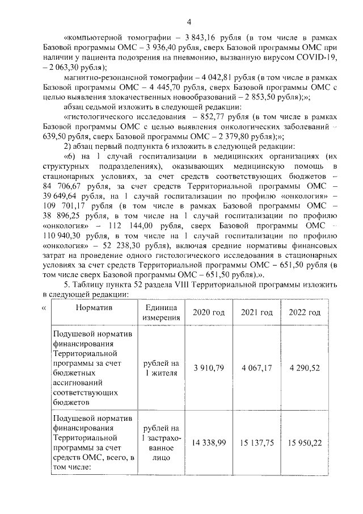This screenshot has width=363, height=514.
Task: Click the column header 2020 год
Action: pos(209,312)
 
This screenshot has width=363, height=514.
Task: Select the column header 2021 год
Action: pos(257,312)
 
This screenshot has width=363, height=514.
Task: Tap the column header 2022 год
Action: pos(305,312)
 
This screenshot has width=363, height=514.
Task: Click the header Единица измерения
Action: pos(161,312)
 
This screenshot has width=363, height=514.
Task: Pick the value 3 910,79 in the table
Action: pos(209,368)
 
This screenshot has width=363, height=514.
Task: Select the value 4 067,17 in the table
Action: pos(257,368)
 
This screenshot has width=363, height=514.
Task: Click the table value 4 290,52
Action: pos(305,368)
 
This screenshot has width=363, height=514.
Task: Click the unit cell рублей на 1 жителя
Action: pos(161,368)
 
